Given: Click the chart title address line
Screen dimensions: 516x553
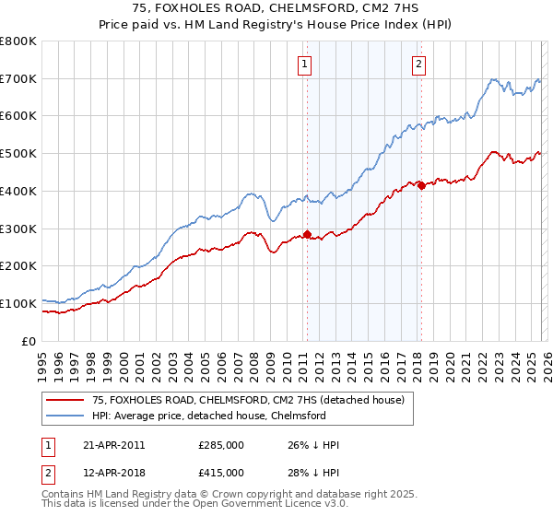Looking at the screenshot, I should (276, 10).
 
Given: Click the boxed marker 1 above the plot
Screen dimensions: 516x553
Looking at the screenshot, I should (304, 64).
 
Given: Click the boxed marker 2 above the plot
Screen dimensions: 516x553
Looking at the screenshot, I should (418, 64).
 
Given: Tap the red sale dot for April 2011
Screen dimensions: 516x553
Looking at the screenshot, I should (307, 234).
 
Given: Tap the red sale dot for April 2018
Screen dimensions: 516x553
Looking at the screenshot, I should (420, 185).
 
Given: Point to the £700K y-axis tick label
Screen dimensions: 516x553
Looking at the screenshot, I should (18, 79).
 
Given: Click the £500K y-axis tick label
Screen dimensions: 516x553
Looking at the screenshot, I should (18, 154).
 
